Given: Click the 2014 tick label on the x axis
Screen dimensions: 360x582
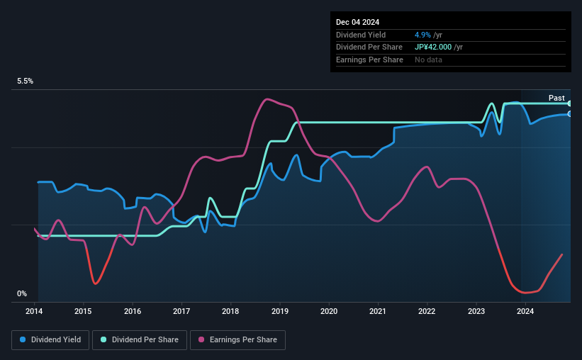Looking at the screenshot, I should click(x=35, y=310).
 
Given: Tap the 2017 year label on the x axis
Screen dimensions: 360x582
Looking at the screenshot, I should click(x=181, y=310).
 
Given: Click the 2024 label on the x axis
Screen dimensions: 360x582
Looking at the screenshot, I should click(x=525, y=310).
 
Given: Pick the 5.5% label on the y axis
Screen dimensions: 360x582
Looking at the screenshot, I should click(x=26, y=81).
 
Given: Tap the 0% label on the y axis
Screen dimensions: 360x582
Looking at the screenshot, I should click(x=22, y=293).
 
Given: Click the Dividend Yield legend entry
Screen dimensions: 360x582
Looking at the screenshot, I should click(x=50, y=340).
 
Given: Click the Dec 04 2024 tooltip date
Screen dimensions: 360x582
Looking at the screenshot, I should click(x=359, y=22).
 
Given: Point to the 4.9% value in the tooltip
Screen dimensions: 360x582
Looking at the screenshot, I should click(x=422, y=35).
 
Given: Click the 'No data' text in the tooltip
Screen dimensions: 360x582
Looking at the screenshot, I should click(x=430, y=60).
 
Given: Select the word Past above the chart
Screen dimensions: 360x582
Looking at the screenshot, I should click(x=556, y=98).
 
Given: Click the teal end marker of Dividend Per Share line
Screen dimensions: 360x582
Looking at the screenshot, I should click(x=569, y=103).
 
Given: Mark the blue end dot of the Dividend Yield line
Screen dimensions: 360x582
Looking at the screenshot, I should click(x=569, y=114).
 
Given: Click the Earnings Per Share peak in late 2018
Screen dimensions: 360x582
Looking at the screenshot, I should click(x=266, y=99).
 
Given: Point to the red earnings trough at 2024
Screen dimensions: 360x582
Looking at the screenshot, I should click(x=525, y=292).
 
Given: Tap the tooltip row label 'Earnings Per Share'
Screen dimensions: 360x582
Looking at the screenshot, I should click(x=369, y=60).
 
